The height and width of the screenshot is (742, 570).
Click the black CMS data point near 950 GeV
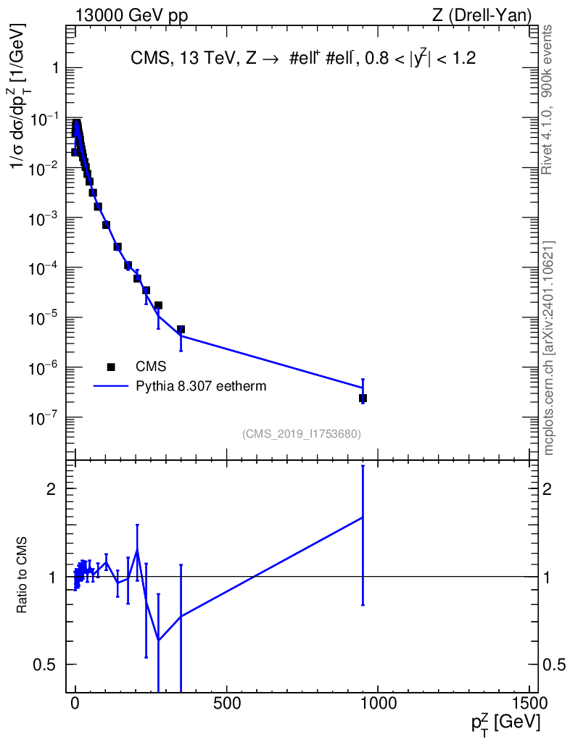363,399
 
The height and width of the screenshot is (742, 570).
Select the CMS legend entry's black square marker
111,367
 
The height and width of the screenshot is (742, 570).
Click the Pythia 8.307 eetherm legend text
201,386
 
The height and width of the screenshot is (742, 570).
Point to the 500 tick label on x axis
226,702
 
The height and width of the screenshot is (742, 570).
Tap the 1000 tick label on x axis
377,702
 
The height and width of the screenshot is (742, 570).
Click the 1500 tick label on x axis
529,702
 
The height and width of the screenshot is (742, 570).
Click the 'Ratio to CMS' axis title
22,575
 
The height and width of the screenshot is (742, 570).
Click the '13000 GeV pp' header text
131,16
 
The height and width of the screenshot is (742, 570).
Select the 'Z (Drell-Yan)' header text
482,16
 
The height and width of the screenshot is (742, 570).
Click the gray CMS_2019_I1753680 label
302,434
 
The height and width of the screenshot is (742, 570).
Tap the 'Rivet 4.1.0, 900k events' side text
547,100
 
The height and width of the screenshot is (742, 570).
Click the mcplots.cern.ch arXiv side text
549,348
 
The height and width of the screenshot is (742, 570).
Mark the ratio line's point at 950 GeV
363,517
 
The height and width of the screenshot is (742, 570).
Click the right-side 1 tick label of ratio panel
547,577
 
